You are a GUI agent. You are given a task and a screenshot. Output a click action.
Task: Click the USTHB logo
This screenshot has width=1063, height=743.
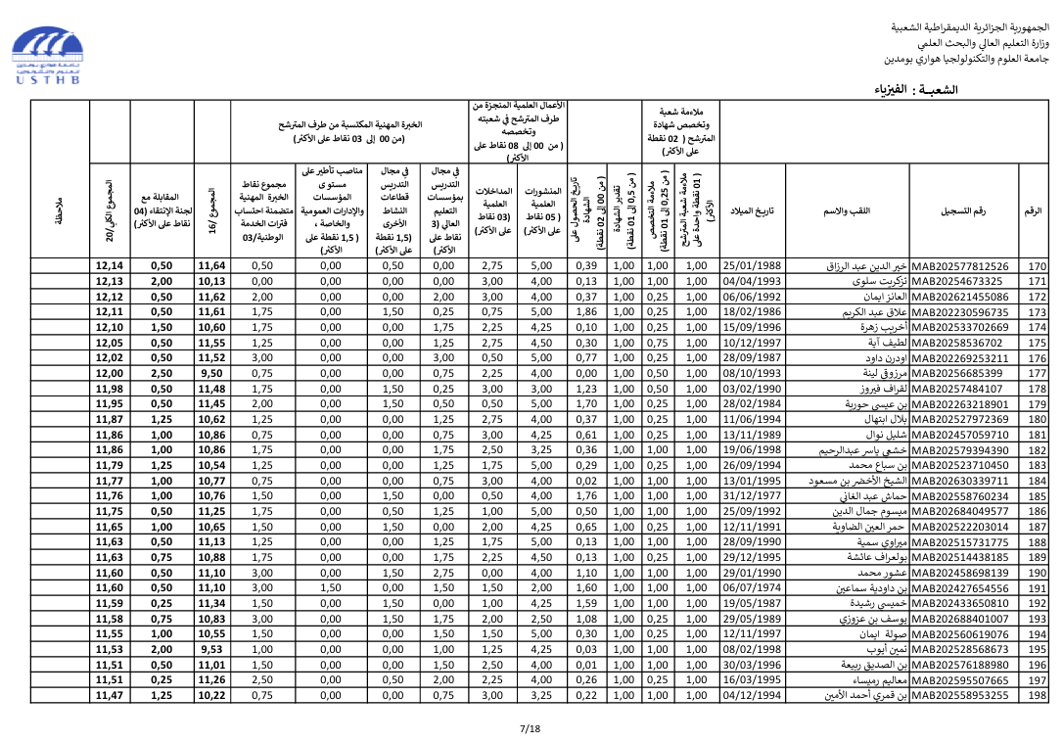point(49,56)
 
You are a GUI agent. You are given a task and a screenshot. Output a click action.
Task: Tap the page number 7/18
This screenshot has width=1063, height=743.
point(530,728)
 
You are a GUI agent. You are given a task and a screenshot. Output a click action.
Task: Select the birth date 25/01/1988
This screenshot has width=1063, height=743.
point(752,266)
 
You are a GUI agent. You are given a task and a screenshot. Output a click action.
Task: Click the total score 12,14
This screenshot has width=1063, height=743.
point(110,266)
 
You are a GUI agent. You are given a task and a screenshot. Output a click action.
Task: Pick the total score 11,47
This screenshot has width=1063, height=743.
point(110,695)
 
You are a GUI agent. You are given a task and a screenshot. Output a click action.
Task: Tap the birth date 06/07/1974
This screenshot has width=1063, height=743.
point(752,588)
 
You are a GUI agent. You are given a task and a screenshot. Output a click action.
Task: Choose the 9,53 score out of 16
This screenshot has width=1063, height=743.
point(211,649)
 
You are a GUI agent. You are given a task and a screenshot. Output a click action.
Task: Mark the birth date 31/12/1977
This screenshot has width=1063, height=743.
point(752,496)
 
